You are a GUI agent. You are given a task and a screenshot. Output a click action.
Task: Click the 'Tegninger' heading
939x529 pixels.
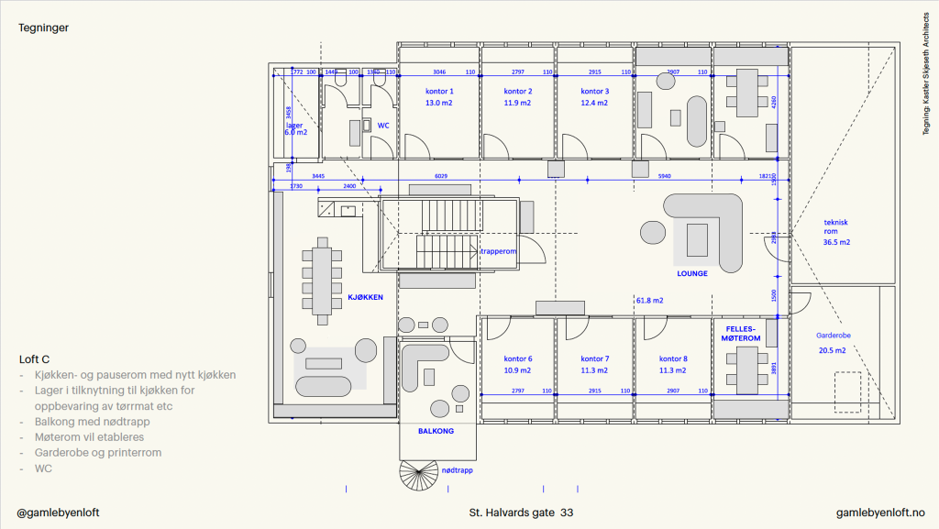44,28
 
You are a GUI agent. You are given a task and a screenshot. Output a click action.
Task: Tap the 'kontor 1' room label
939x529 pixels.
439,92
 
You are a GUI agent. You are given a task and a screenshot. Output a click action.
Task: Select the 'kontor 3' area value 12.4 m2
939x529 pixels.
594,104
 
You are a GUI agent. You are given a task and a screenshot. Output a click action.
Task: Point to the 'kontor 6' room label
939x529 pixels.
518,358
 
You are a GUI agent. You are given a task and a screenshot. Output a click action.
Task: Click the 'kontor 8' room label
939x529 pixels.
673,358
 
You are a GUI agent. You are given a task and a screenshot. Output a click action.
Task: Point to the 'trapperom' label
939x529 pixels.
500,249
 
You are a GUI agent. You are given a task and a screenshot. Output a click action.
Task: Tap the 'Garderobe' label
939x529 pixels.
834,336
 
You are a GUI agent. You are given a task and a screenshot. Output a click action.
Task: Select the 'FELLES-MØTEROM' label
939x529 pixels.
743,333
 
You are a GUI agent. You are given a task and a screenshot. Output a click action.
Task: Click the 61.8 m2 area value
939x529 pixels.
650,300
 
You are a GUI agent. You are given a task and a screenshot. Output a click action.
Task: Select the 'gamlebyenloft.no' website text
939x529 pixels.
880,512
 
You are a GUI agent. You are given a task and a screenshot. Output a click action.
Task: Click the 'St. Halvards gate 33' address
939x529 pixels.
521,512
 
